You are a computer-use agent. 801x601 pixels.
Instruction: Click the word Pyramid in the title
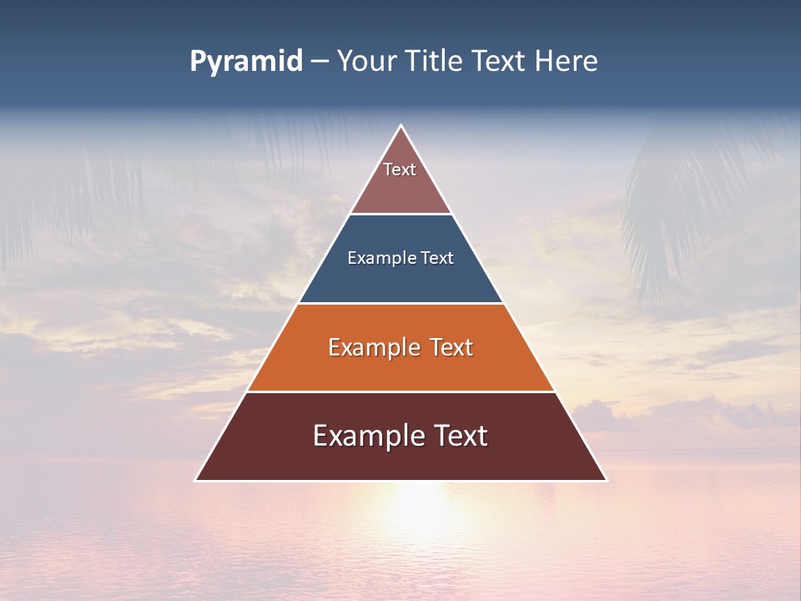pos(246,62)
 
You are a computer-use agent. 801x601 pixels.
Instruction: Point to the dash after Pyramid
pos(320,62)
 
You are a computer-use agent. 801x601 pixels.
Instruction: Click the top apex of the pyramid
pos(400,127)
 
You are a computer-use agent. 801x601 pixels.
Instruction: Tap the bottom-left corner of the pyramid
pos(197,480)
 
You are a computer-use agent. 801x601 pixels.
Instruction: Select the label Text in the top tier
pos(400,169)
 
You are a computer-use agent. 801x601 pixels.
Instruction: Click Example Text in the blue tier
pos(400,258)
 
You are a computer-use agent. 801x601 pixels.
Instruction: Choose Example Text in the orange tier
pos(400,347)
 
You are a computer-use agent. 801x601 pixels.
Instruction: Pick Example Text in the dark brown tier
pos(400,436)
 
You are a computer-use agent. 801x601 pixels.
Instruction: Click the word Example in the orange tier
pos(366,347)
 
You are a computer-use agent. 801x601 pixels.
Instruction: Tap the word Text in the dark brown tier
pos(455,436)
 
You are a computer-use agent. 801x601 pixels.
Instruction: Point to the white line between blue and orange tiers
pos(400,303)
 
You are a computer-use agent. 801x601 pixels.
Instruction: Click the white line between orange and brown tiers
pos(400,391)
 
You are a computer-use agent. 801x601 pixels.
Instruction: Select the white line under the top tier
pos(400,215)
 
